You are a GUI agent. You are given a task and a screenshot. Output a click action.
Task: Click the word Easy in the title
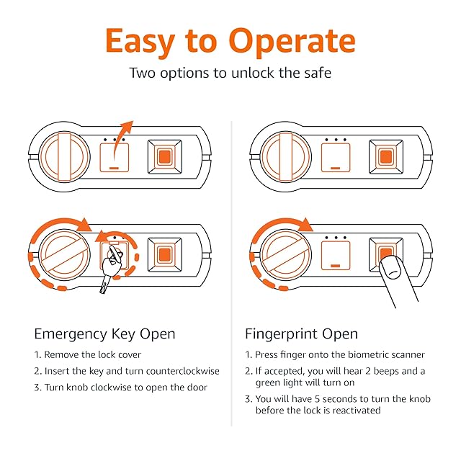point(140,42)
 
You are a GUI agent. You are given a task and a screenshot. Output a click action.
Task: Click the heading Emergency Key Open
point(104,334)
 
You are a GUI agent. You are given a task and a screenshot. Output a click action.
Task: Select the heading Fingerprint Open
point(301,334)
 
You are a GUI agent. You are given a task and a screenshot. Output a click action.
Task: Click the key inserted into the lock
point(109,269)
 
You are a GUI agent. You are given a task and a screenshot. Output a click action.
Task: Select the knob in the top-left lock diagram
point(64,157)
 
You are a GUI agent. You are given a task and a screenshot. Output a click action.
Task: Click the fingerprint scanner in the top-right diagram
point(386,157)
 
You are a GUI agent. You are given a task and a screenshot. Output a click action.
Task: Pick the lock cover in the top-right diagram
point(336,157)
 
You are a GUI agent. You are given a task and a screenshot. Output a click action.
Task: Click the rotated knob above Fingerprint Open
point(285,254)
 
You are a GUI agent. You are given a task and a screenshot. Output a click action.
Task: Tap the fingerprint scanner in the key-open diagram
point(165,254)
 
